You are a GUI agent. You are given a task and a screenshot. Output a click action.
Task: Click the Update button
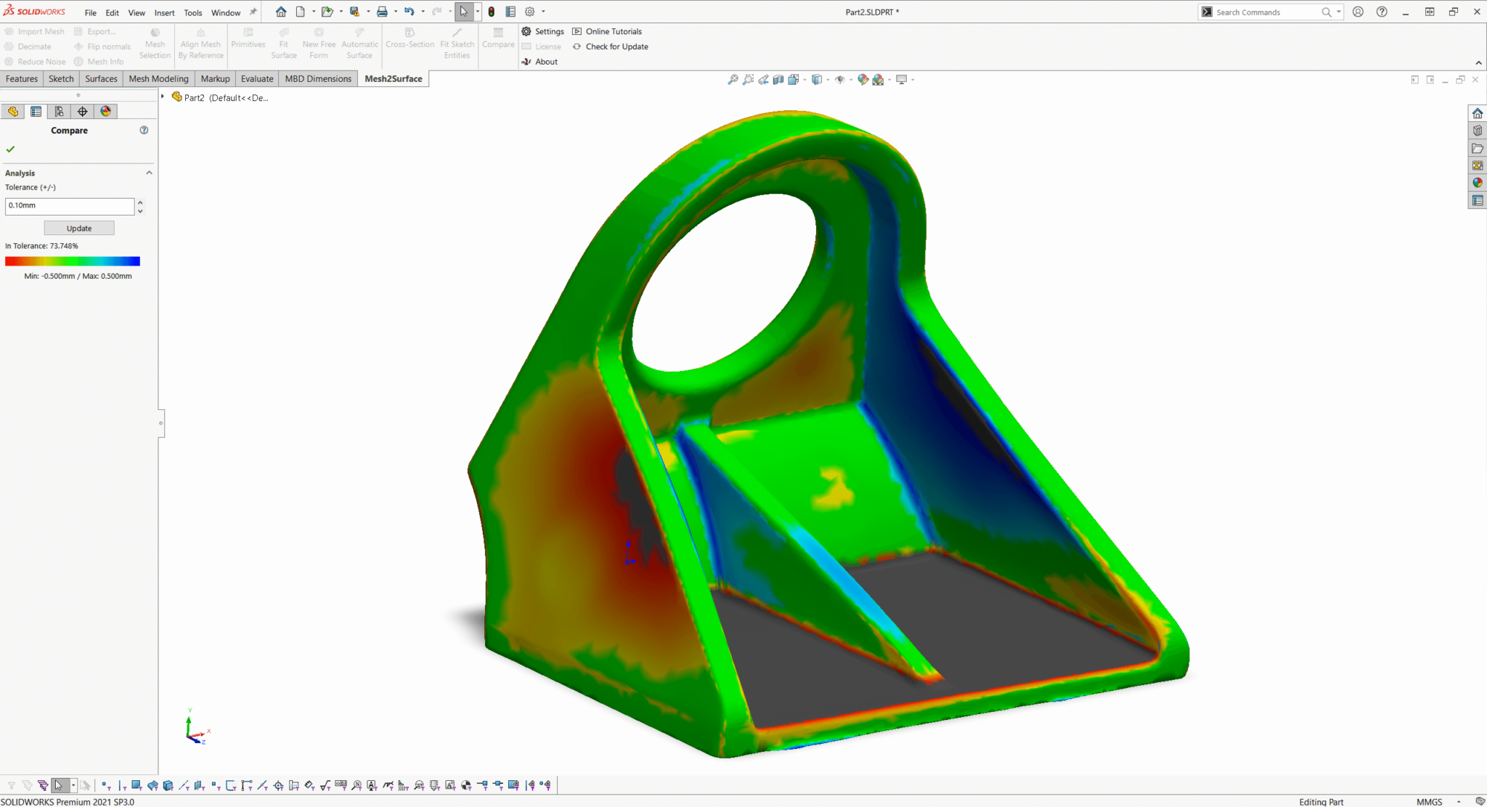79,228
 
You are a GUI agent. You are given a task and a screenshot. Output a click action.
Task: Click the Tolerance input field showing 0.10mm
70,205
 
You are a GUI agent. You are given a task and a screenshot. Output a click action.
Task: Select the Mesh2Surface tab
393,78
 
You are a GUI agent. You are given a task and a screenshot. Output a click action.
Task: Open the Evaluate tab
257,78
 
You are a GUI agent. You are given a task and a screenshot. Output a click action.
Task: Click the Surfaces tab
101,78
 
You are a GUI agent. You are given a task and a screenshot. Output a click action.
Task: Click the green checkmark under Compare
10,149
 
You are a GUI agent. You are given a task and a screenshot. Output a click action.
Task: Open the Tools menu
192,12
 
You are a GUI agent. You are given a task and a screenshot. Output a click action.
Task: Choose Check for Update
616,46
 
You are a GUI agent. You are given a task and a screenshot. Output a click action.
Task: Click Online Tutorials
613,31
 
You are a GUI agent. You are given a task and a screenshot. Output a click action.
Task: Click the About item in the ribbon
545,62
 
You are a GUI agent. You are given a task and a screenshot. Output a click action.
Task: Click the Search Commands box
1267,12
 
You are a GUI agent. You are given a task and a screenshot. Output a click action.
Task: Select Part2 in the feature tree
194,97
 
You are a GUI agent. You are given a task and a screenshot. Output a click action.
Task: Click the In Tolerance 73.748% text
41,246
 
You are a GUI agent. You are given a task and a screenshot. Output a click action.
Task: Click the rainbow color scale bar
72,261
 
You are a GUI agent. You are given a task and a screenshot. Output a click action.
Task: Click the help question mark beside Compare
144,130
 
